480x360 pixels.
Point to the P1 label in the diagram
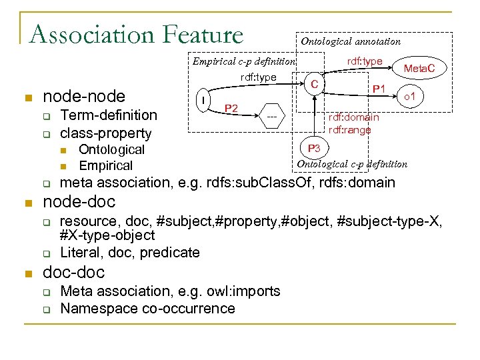(379, 89)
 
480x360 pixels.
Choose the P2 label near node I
(233, 108)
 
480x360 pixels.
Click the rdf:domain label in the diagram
(353, 117)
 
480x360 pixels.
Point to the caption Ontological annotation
(351, 41)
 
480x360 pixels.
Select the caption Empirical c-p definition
(243, 62)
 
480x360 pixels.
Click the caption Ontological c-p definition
(352, 164)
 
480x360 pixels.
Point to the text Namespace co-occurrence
(147, 308)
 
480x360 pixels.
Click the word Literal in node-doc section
(79, 252)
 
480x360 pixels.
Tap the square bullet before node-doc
(27, 203)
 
